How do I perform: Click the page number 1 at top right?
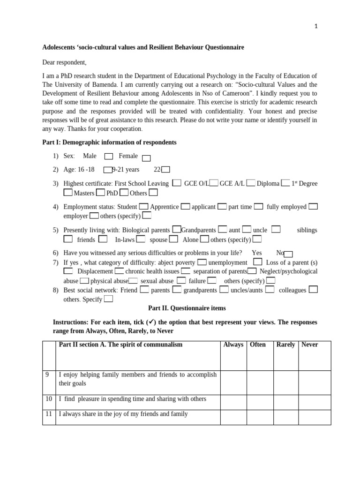[316, 27]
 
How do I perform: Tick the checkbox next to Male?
[108, 157]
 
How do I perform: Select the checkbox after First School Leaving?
[177, 183]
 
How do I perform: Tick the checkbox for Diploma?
[285, 183]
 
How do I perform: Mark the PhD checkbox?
[124, 192]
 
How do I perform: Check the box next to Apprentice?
[186, 206]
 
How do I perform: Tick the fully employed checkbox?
[313, 206]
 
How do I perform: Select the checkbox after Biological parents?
[177, 229]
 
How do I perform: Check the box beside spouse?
[173, 239]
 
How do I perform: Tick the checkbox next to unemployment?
[257, 262]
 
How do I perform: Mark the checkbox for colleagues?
[313, 289]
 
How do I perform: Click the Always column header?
[233, 345]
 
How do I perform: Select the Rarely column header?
[285, 345]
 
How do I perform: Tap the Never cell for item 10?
[315, 402]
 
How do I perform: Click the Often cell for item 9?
[260, 382]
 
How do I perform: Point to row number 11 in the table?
[49, 414]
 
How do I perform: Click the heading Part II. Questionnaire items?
[187, 308]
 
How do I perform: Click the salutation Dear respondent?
[64, 62]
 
